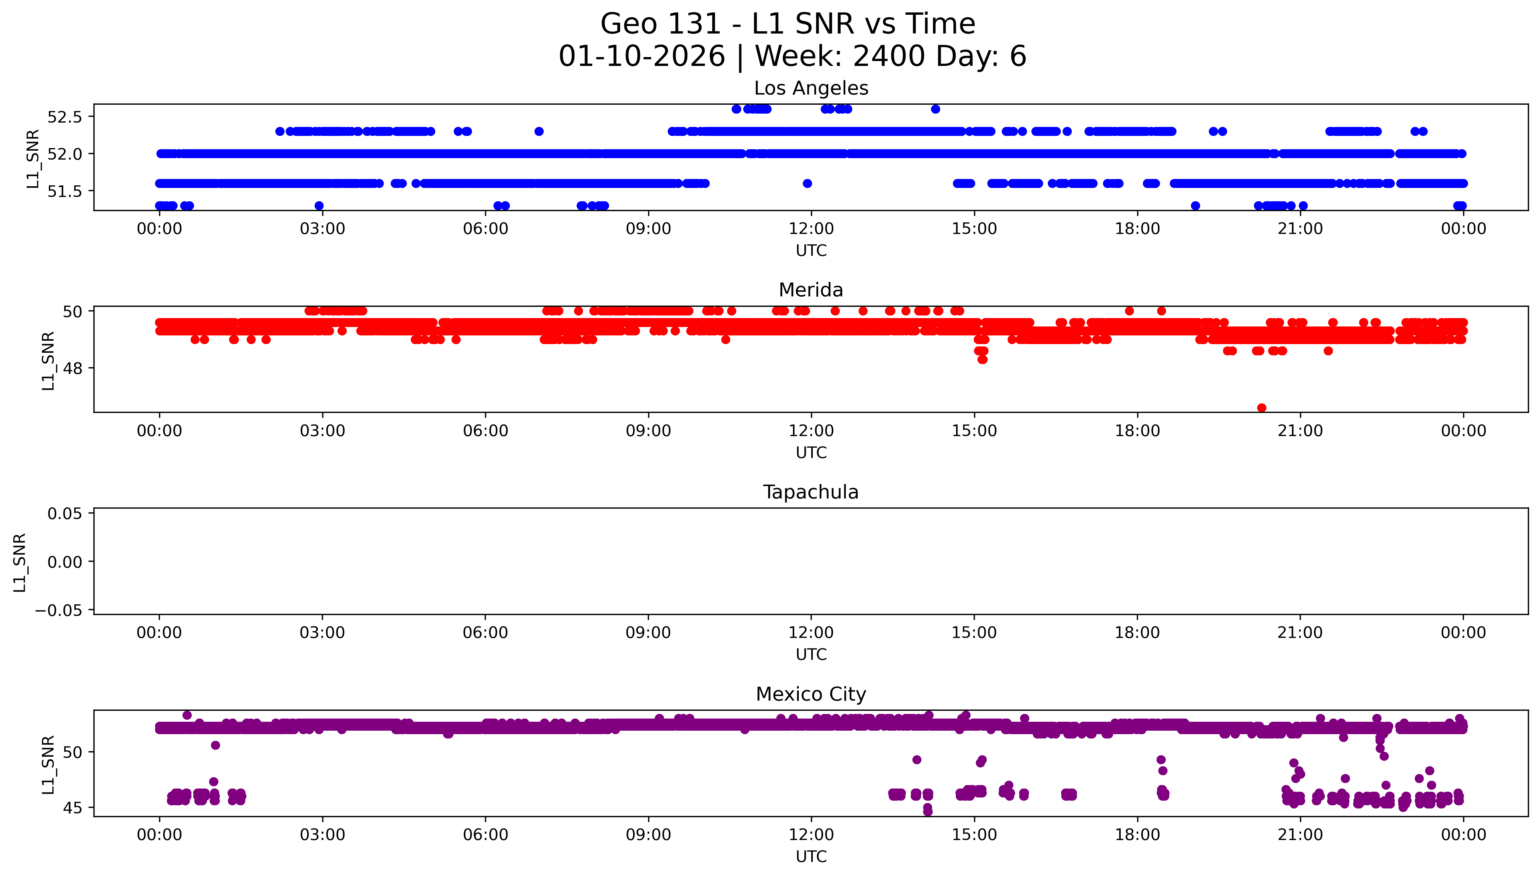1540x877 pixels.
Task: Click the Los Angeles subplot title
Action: pos(811,88)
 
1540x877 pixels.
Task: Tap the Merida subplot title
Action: pos(811,290)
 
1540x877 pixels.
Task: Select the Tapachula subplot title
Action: pos(811,492)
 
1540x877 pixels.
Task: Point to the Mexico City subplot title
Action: pos(811,695)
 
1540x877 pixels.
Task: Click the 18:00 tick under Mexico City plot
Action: pos(1137,835)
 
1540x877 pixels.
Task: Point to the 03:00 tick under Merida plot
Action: pos(322,431)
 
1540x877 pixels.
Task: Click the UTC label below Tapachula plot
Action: pos(811,655)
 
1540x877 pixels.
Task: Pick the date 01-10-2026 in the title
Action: pos(641,57)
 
